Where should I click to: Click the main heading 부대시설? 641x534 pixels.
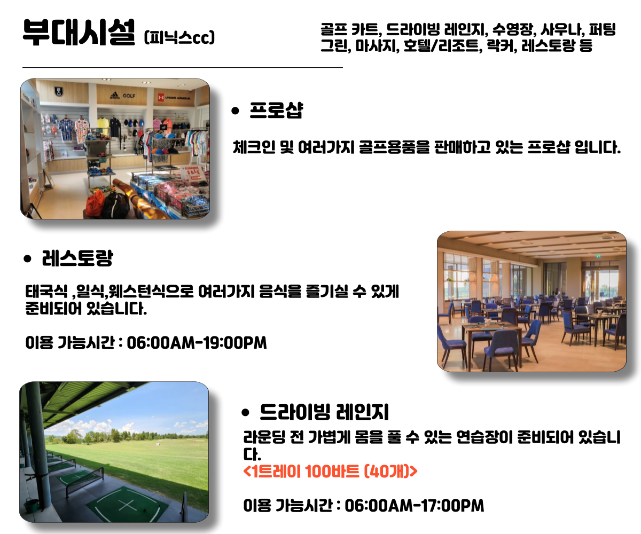click(x=79, y=32)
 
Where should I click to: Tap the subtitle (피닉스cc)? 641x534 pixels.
click(x=179, y=37)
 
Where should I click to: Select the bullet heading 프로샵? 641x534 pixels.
click(x=276, y=110)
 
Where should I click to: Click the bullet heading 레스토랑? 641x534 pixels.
click(x=77, y=258)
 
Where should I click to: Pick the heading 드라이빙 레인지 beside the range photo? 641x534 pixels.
click(x=324, y=412)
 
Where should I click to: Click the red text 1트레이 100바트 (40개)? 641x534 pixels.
click(x=330, y=471)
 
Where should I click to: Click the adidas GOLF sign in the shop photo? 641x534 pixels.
click(x=122, y=96)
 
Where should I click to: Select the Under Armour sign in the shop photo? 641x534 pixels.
click(x=174, y=98)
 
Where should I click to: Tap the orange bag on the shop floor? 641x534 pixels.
click(x=95, y=203)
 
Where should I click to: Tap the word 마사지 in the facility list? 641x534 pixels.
click(x=377, y=46)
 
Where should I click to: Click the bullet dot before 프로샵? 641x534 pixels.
click(x=235, y=111)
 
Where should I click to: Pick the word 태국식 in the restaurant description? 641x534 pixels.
click(x=46, y=291)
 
